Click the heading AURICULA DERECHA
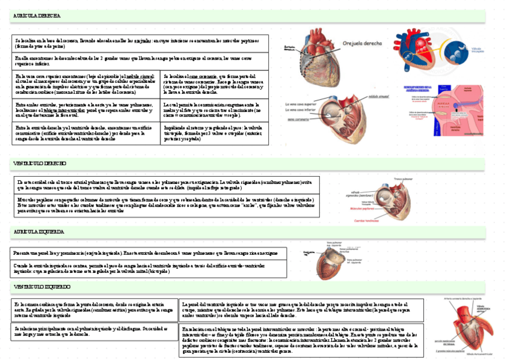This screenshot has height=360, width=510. tap(36, 16)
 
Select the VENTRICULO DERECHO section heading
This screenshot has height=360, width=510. tap(40, 163)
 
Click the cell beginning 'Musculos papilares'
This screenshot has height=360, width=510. tap(166, 204)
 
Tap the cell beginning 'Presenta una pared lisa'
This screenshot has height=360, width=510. tap(149, 252)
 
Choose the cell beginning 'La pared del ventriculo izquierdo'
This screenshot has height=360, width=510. tap(301, 311)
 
